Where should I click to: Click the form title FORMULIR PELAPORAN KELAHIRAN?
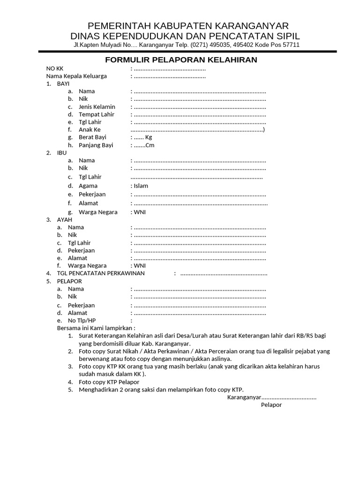click(181, 60)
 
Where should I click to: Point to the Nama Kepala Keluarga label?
click(76, 76)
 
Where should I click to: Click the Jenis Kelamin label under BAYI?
click(97, 107)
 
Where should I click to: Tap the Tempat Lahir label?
click(97, 114)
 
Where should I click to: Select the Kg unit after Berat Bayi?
click(149, 137)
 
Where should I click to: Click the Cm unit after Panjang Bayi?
click(150, 145)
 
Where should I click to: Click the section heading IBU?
click(62, 153)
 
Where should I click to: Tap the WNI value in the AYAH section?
click(140, 265)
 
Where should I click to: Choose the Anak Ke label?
click(90, 129)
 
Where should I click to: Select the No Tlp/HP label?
click(82, 320)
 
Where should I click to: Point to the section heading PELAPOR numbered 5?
click(69, 281)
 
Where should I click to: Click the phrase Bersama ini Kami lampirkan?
click(95, 328)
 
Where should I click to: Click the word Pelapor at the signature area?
click(271, 405)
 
